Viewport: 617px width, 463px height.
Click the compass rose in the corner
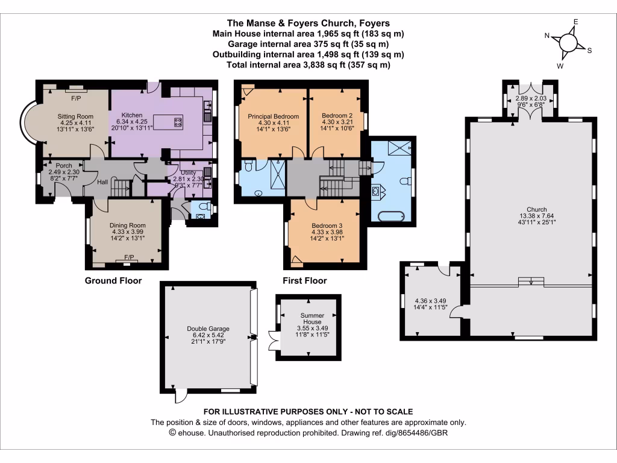pos(568,43)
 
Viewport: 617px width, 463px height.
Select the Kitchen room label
pos(131,115)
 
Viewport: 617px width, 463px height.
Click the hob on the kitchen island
pos(178,122)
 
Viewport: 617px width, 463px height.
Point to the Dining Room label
pos(128,225)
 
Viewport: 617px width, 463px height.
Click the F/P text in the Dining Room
pos(128,257)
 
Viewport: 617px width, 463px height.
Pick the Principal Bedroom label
pos(273,116)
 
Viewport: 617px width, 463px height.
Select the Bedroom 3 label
pos(327,225)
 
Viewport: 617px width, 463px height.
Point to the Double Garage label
pos(208,329)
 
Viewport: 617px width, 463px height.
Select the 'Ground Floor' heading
pos(113,280)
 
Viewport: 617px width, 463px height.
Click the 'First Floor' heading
pos(305,280)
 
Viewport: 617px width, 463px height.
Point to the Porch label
pos(64,166)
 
